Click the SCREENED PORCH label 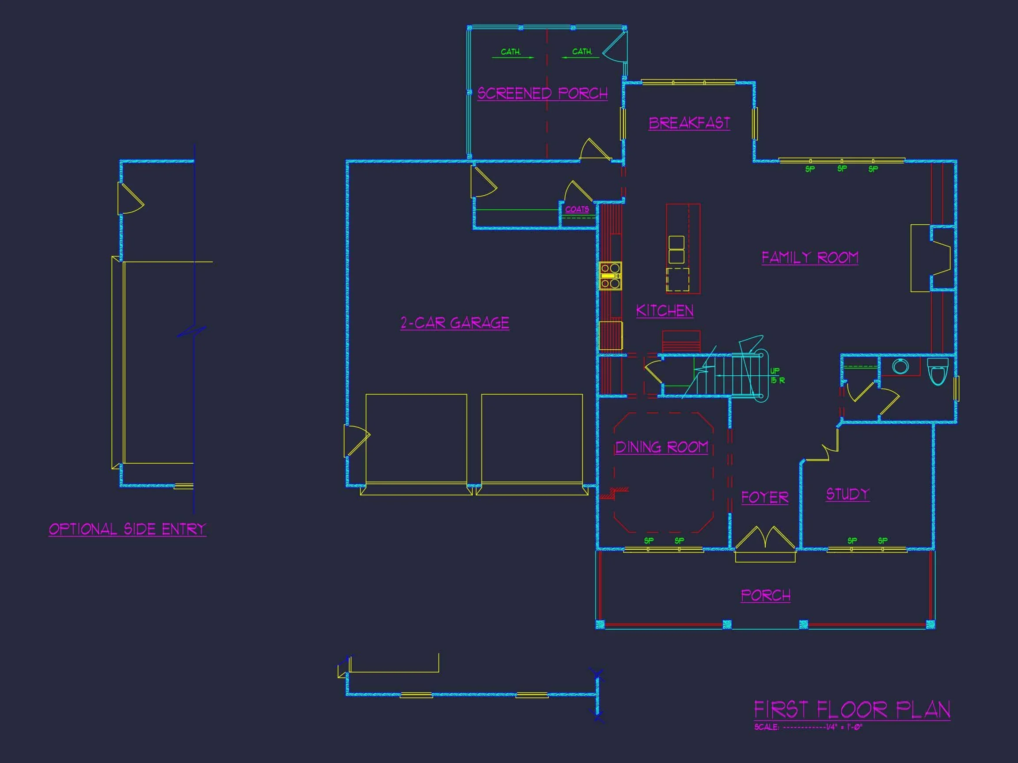tap(542, 93)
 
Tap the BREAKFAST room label tap(689, 123)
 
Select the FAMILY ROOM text tap(809, 257)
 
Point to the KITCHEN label tap(665, 311)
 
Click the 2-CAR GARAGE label tap(455, 323)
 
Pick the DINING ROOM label tap(661, 447)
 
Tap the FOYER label tap(764, 497)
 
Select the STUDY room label tap(847, 494)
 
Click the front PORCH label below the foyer tap(765, 595)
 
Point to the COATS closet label tap(577, 209)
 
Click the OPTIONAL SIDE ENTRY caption tap(128, 529)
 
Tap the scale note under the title tap(808, 728)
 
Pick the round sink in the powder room tap(900, 366)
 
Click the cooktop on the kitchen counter tap(610, 276)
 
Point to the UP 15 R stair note tap(777, 376)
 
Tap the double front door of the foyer tap(765, 538)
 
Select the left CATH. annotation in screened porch tap(511, 52)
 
